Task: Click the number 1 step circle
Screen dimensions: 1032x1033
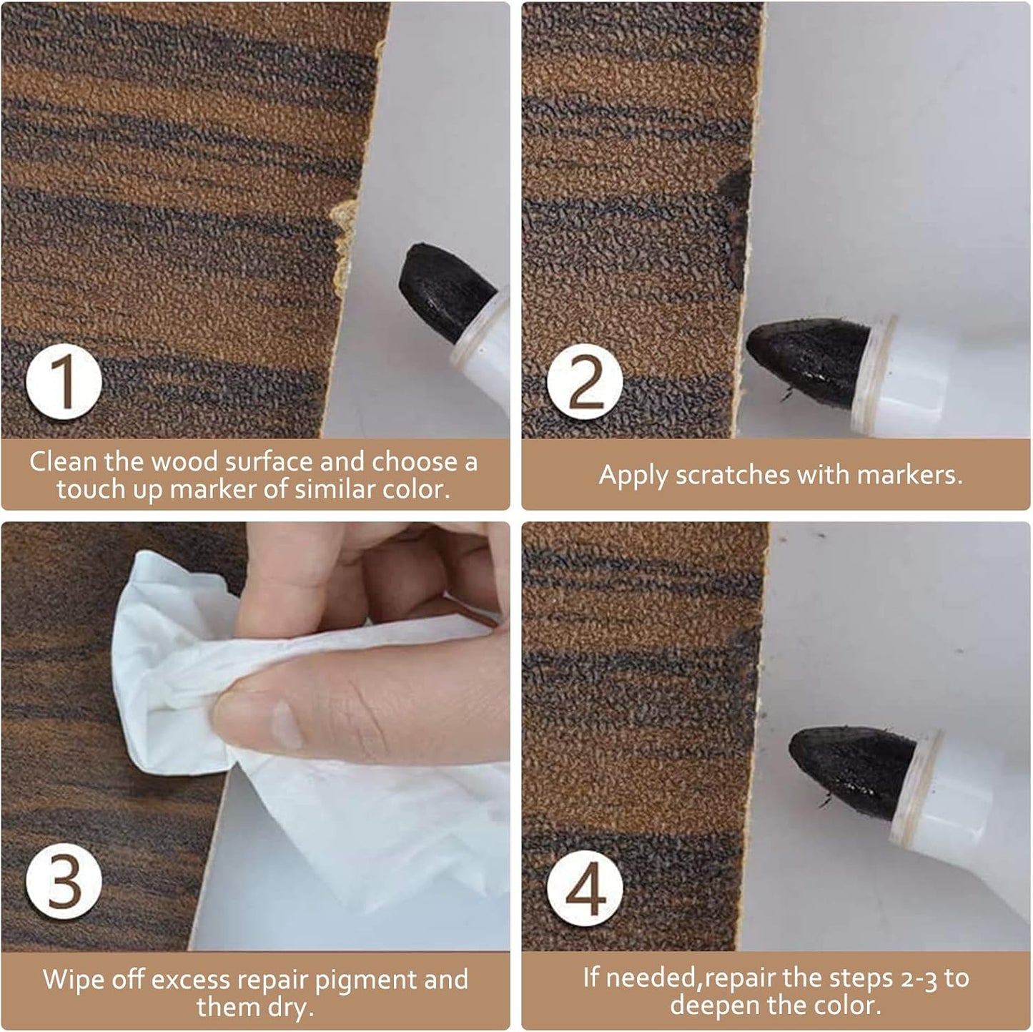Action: click(64, 383)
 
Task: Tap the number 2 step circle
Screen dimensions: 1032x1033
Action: click(585, 383)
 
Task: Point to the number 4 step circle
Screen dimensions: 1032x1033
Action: click(585, 889)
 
